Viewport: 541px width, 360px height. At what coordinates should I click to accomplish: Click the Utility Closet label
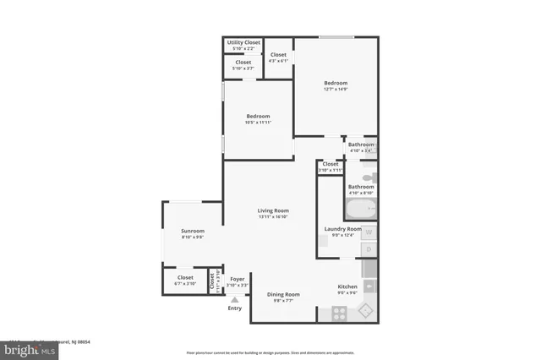243,42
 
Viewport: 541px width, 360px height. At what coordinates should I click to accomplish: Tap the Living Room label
274,210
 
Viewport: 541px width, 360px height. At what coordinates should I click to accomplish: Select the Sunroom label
193,231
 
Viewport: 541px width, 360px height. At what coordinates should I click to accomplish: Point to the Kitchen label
347,287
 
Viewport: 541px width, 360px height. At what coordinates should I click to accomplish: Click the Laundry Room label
343,229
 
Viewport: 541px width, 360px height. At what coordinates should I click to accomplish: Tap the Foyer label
238,279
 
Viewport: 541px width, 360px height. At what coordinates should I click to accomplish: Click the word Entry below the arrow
235,308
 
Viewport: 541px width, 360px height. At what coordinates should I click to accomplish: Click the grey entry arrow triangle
235,298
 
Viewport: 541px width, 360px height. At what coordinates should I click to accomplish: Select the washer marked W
369,232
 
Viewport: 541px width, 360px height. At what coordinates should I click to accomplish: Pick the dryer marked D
369,249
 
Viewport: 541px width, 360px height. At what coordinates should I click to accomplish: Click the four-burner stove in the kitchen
338,313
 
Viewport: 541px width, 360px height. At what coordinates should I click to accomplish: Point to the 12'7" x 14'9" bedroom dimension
336,89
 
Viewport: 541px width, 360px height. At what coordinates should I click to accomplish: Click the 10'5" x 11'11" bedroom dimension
258,123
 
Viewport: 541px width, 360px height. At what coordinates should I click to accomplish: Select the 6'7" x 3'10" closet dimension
185,284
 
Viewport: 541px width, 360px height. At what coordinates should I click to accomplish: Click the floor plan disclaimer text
270,352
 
